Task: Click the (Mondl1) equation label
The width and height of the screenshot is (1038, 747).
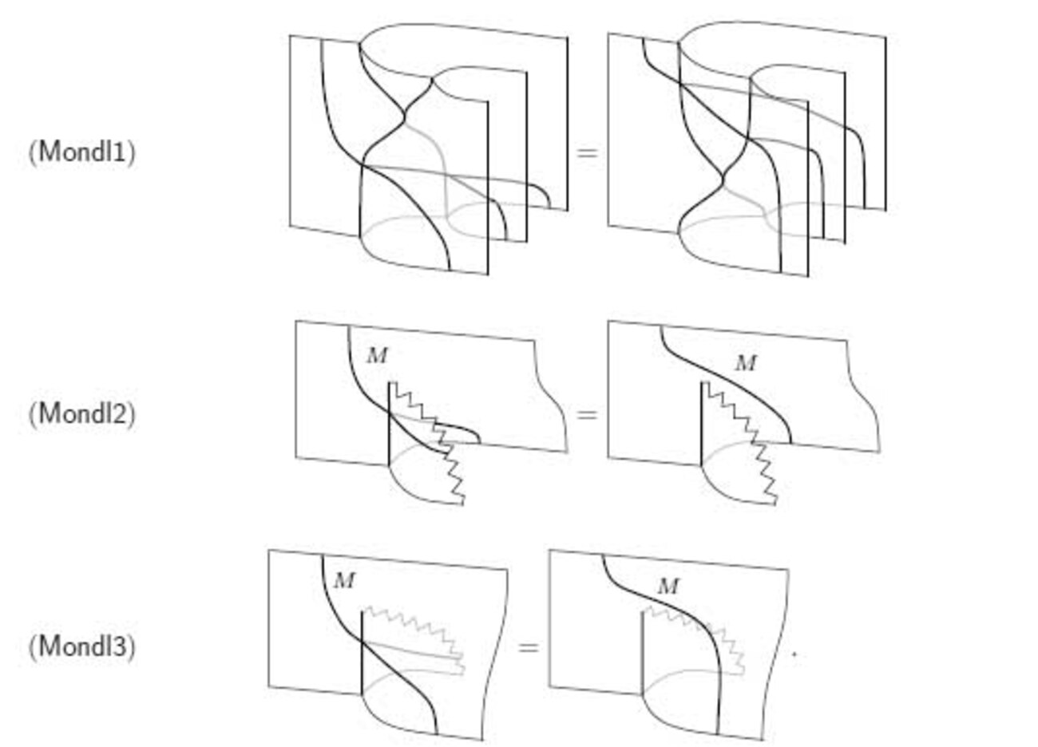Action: pos(82,152)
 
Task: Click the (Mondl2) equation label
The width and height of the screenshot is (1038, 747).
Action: pos(82,413)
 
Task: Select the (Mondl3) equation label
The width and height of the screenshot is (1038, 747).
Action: pos(82,646)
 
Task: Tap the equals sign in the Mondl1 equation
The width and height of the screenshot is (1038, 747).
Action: pos(587,152)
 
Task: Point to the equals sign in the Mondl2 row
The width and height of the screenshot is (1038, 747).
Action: pos(587,414)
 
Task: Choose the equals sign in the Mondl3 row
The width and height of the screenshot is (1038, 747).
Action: pos(529,647)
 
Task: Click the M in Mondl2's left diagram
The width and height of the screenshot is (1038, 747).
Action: pos(377,356)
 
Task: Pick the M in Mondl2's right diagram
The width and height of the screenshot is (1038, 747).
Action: pos(746,363)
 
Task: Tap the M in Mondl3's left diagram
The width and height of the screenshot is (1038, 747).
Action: pos(344,581)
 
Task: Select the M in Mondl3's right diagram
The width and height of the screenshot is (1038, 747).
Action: pos(668,587)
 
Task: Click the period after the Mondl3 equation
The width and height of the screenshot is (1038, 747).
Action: pos(794,654)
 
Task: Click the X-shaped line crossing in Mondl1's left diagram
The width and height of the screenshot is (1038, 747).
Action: pos(406,115)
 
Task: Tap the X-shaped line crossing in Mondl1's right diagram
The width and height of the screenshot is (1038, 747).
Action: pos(723,177)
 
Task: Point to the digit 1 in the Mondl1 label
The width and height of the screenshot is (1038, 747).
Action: pos(120,152)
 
